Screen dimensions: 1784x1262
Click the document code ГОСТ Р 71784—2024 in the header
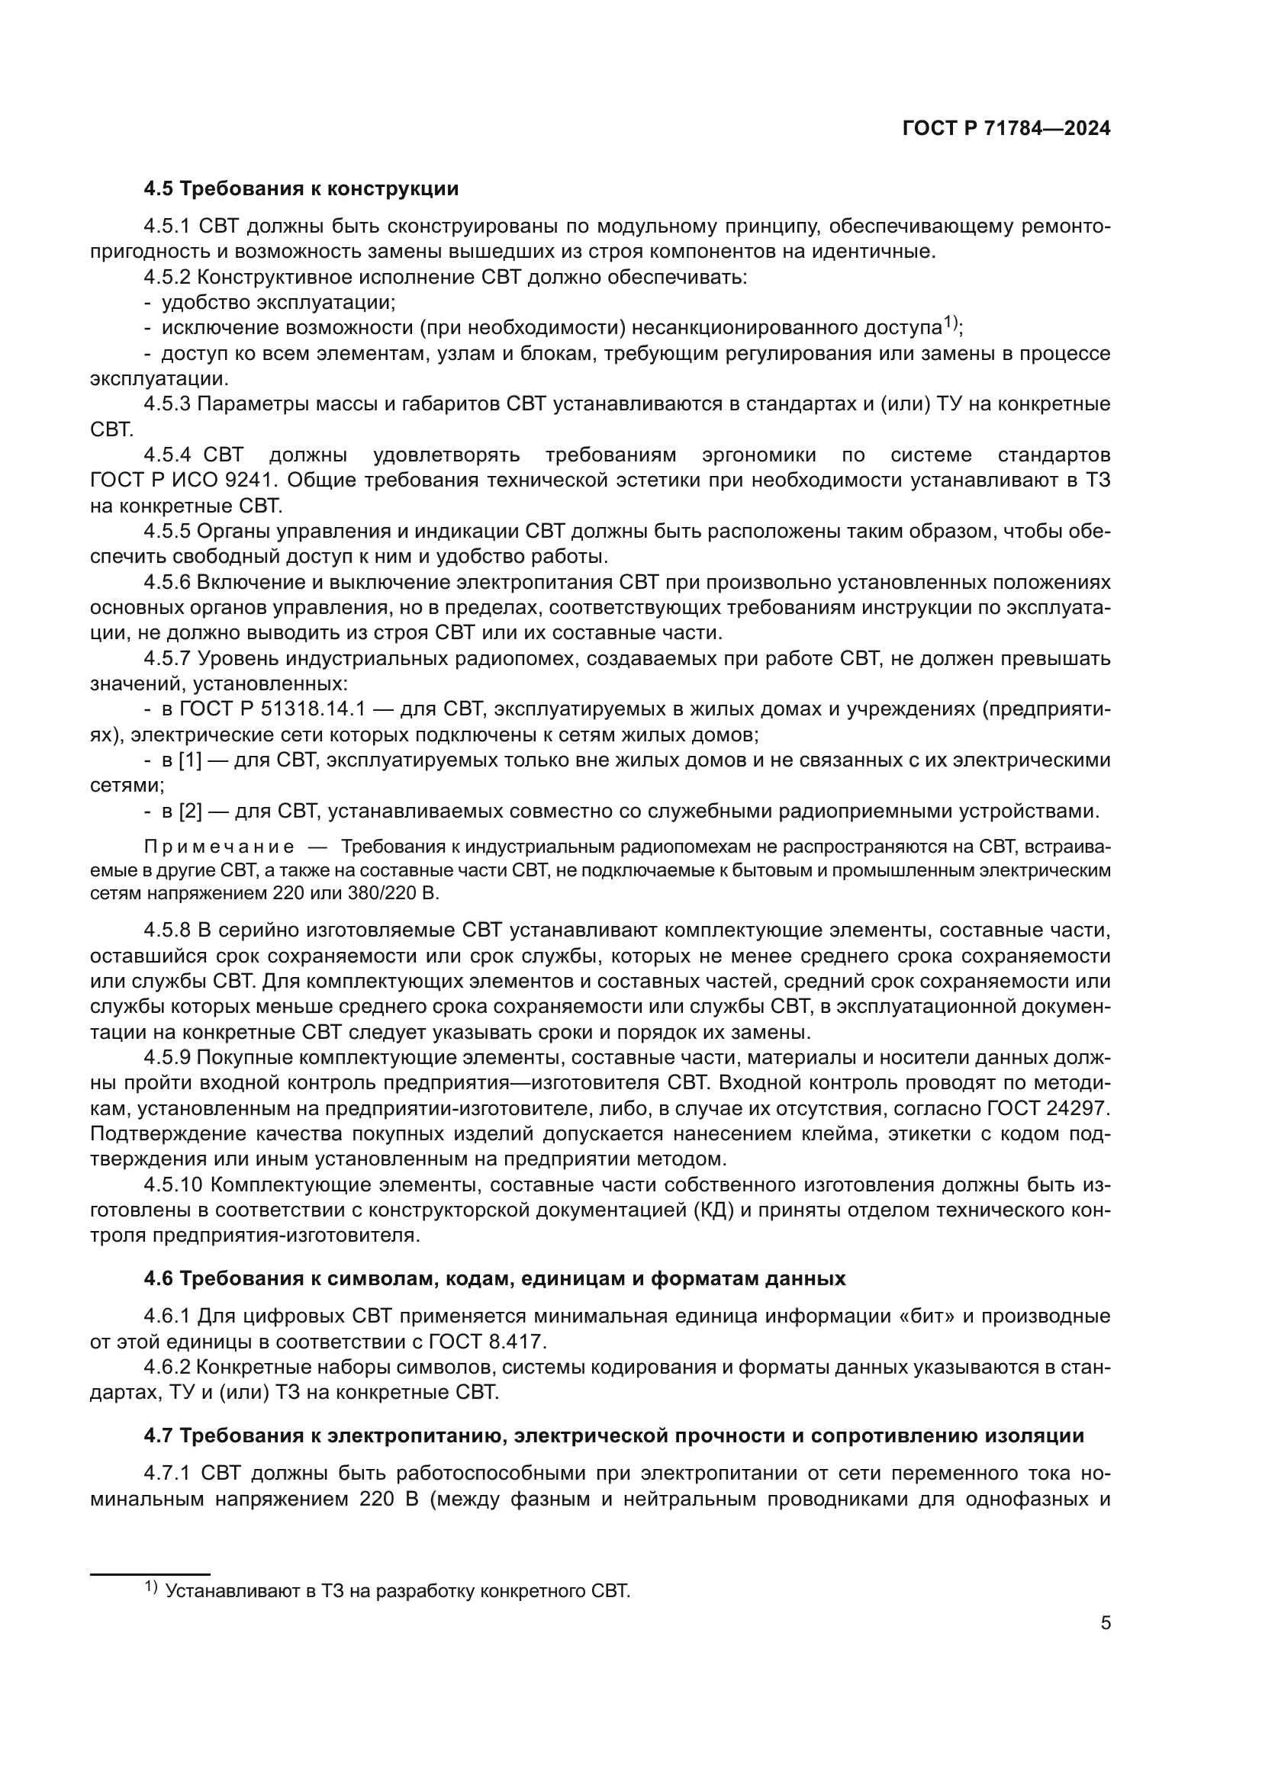[x=1006, y=129]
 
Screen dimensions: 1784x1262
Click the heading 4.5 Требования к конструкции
[x=301, y=189]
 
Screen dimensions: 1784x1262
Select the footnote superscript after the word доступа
[x=951, y=322]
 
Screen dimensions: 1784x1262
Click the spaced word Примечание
[x=218, y=847]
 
